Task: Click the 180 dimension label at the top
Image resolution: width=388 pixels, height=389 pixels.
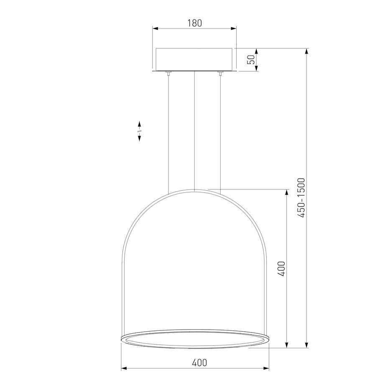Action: (x=194, y=23)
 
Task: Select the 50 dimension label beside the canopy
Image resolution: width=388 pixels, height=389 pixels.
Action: (x=251, y=59)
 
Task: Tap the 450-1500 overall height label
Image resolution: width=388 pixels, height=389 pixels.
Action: (x=301, y=198)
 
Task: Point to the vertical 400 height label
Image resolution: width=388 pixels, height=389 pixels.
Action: (x=281, y=269)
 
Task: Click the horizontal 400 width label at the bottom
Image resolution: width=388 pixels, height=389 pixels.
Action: (x=199, y=363)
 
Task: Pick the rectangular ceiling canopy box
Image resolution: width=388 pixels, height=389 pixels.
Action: (x=194, y=59)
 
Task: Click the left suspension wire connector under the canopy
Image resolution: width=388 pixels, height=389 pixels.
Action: (x=168, y=74)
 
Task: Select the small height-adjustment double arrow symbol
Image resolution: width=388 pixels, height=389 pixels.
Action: (x=139, y=131)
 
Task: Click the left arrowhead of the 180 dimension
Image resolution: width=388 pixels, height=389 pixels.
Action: (x=156, y=28)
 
